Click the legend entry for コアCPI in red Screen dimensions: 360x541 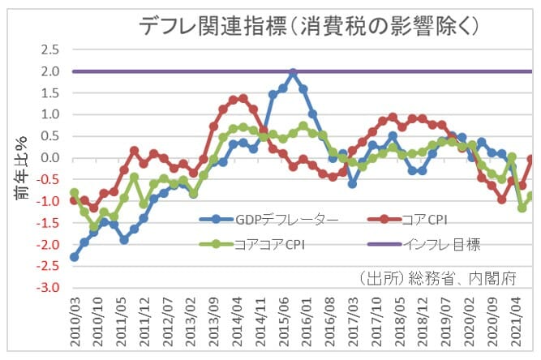coord(438,218)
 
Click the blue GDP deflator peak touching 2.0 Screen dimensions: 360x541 coord(293,73)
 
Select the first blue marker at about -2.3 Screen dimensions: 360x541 coord(75,257)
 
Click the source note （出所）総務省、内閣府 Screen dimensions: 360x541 coord(445,277)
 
